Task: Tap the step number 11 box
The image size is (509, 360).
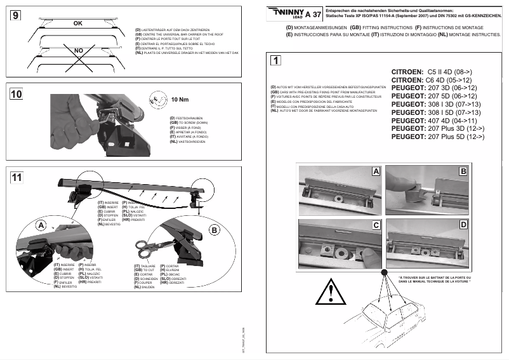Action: click(18, 177)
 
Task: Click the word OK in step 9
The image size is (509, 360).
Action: click(78, 23)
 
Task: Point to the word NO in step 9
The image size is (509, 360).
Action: click(78, 50)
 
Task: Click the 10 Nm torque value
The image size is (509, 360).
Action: click(181, 99)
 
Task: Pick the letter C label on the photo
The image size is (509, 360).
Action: click(376, 225)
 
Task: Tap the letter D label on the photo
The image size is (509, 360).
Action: click(463, 225)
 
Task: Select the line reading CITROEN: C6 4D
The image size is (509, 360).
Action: click(432, 81)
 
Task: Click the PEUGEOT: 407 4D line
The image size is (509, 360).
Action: click(433, 120)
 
